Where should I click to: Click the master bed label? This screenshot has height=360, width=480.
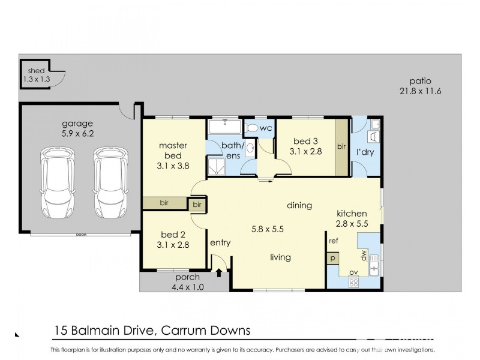coord(173,145)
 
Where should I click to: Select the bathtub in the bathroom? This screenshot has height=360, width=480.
coord(224,127)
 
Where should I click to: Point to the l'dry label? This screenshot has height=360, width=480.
coord(365,152)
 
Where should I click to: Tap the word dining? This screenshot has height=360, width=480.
coord(299,205)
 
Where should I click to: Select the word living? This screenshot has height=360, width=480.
coord(280,257)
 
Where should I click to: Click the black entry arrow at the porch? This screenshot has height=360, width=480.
coord(218,274)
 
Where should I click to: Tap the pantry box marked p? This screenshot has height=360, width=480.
coord(332,258)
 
